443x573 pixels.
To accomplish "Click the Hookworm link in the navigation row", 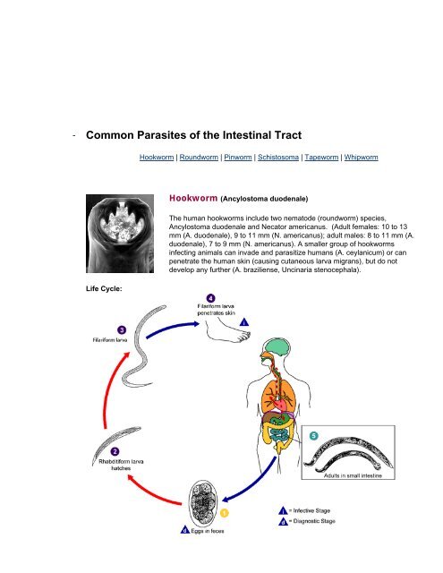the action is click(157, 158).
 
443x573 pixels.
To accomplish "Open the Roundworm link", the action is click(199, 158).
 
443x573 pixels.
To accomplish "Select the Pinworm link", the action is click(238, 158).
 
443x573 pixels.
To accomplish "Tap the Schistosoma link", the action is click(278, 158).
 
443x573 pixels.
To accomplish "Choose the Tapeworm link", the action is click(321, 158).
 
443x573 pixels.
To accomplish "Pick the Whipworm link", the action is click(361, 158).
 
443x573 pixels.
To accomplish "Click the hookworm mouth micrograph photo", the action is click(120, 234).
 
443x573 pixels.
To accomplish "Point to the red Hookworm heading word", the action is click(193, 198).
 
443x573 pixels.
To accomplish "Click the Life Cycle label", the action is click(104, 288).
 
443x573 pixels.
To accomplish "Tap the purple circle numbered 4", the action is click(210, 298).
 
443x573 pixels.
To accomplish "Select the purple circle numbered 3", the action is click(122, 330).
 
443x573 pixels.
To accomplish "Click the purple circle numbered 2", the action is click(115, 451).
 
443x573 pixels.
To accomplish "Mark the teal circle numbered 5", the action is click(314, 436).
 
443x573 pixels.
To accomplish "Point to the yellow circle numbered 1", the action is click(225, 513).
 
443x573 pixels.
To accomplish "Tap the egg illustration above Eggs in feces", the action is click(203, 503).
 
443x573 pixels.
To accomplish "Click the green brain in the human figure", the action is click(278, 346).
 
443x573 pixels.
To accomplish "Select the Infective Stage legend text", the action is click(311, 510).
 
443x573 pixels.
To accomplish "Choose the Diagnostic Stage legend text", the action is click(314, 521).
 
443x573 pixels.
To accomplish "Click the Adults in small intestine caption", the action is click(353, 475).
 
